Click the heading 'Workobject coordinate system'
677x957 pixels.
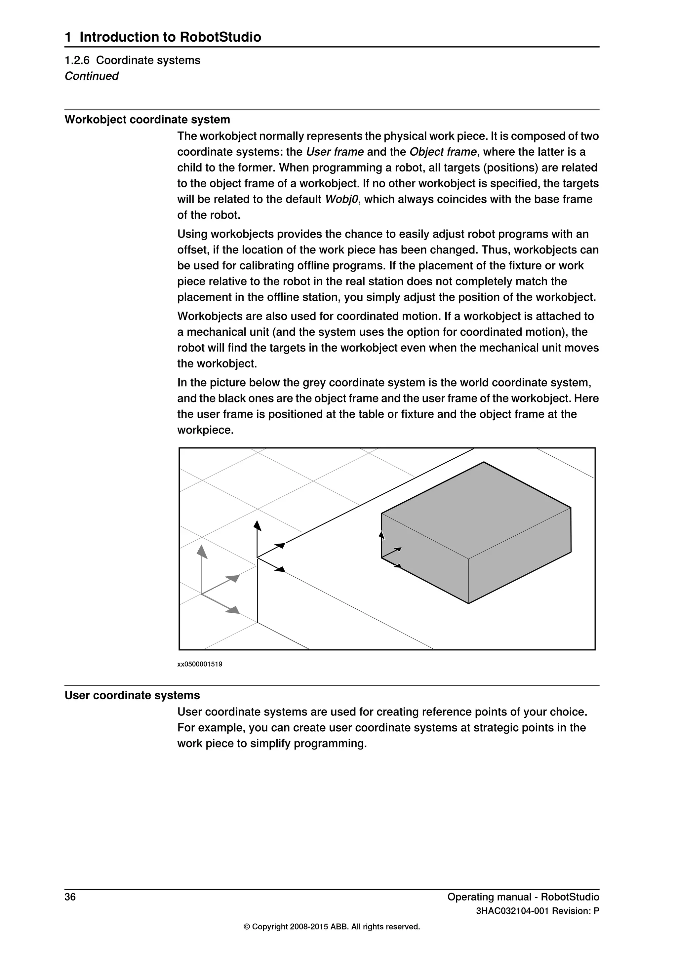147,120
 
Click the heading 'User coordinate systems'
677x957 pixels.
132,695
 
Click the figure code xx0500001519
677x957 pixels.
200,665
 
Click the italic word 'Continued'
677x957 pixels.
91,76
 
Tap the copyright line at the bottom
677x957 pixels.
332,927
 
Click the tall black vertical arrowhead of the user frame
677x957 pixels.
258,526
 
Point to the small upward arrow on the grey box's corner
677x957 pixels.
381,535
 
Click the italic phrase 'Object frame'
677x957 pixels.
443,152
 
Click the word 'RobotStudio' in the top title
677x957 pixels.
220,37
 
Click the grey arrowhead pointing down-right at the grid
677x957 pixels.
233,610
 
